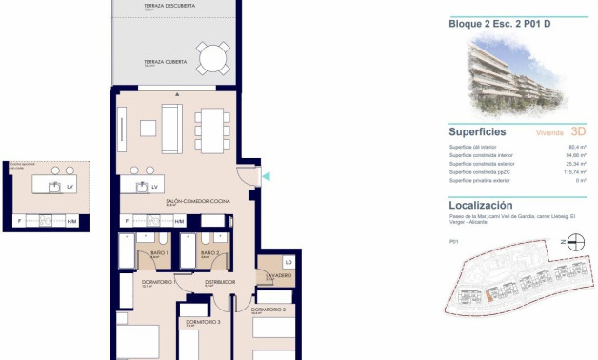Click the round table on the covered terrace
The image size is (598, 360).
213,61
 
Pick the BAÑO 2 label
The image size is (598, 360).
210,253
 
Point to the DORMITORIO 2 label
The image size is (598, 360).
269,310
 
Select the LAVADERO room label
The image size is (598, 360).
278,275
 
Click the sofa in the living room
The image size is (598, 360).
171,129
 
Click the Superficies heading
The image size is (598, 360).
477,132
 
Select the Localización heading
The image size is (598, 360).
481,205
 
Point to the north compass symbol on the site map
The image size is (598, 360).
564,242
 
